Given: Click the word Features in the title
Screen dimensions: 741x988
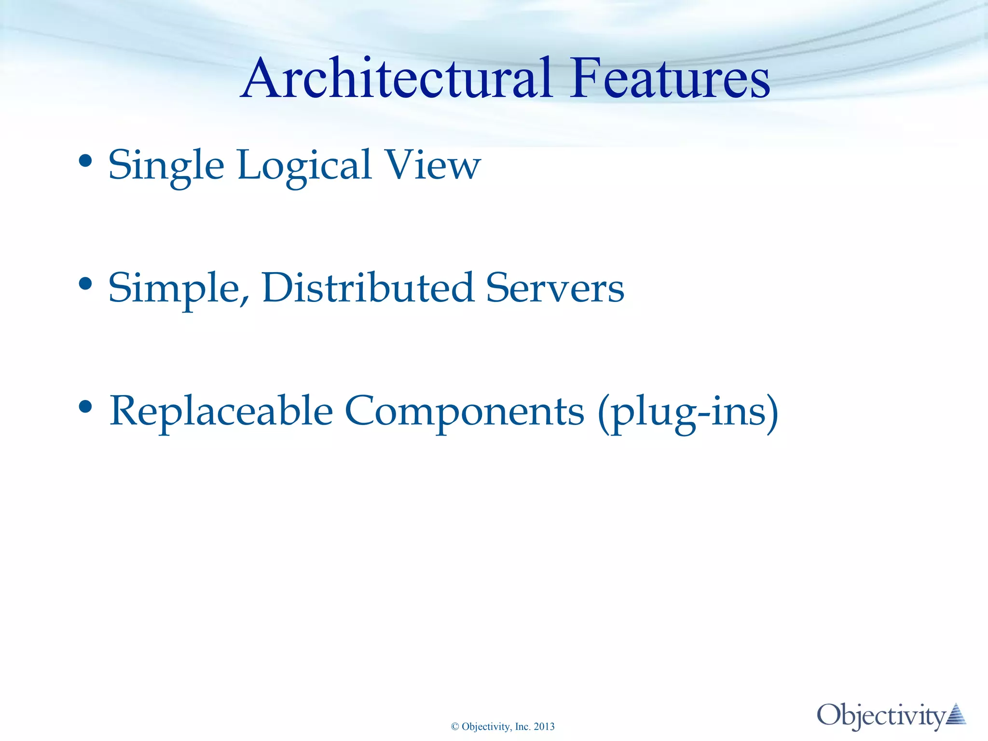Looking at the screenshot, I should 670,78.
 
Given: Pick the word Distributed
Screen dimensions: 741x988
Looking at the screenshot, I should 368,288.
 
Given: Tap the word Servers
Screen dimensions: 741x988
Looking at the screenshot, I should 555,288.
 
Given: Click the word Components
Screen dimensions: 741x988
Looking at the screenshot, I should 464,411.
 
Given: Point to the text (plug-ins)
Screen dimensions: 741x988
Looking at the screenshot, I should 688,412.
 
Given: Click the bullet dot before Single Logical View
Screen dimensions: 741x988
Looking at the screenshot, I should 85,162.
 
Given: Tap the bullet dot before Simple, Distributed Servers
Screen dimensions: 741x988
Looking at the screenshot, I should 85,284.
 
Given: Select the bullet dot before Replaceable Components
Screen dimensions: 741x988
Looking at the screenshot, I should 85,407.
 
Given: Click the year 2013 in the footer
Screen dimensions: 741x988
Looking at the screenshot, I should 544,727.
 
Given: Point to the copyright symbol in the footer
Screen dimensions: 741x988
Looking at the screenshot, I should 455,727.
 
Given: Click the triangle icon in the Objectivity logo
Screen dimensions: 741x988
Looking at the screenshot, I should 956,714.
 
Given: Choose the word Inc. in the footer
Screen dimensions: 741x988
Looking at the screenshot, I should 523,727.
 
